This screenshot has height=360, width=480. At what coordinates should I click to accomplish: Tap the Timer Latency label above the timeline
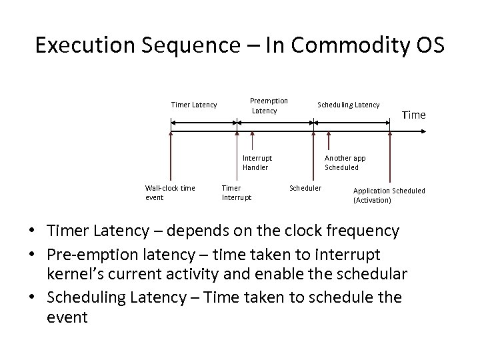[x=194, y=105]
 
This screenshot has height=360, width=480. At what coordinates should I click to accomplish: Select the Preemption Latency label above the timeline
[x=269, y=105]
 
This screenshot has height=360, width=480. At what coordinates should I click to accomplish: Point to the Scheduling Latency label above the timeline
[x=348, y=105]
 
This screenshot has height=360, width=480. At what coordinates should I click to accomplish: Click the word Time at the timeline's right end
[x=413, y=115]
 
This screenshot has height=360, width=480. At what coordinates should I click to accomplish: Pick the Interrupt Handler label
[x=257, y=163]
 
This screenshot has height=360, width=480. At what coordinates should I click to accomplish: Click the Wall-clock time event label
[x=169, y=192]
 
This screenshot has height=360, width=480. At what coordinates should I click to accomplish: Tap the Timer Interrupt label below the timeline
[x=236, y=192]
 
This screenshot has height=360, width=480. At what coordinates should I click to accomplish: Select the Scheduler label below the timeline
[x=305, y=188]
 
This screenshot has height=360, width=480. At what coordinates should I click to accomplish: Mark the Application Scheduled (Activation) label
[x=388, y=195]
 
